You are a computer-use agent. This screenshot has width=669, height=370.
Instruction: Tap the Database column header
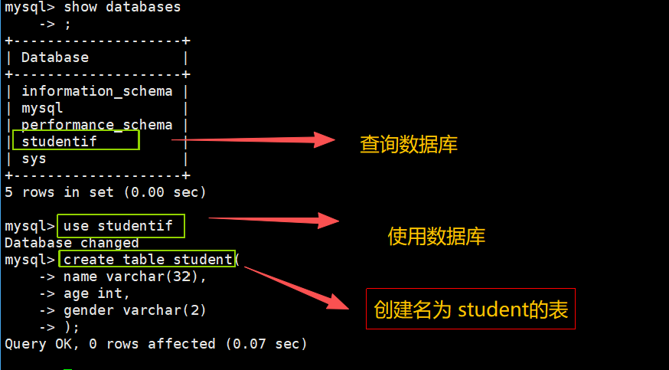55,57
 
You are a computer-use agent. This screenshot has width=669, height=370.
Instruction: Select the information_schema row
97,91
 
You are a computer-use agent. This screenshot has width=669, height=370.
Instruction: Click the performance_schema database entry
97,124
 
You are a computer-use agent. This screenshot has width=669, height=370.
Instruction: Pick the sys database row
34,159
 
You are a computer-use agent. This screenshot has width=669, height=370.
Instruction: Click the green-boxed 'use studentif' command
121,226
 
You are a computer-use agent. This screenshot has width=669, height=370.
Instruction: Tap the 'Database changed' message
71,243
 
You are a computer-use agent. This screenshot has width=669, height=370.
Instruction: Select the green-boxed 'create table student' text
147,260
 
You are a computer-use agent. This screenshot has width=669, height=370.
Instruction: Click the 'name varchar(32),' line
135,277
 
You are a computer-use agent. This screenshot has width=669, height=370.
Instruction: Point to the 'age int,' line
96,293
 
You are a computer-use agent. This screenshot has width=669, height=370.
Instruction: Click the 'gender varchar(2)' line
135,310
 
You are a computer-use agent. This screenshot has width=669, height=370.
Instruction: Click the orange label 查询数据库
408,144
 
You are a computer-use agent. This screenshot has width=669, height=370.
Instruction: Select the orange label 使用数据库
436,236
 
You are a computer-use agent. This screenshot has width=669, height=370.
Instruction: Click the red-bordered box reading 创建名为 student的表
470,309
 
